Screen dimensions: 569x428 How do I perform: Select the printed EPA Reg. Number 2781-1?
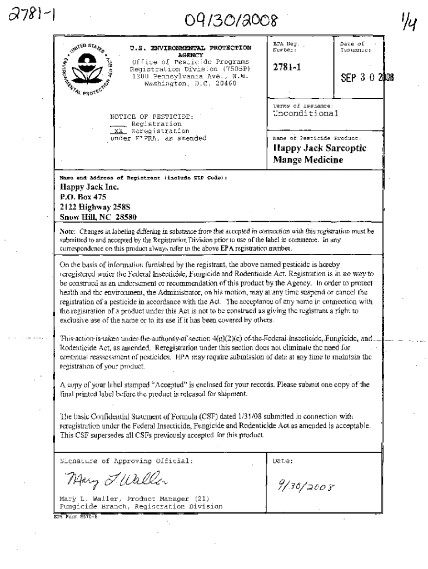point(287,67)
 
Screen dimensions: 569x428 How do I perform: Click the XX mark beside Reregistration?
point(118,131)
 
